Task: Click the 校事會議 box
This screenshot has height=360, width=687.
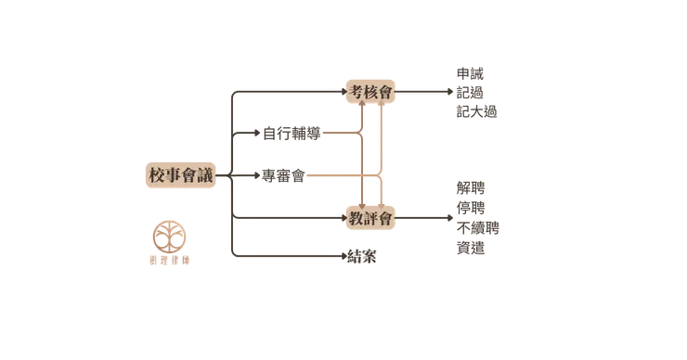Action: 179,174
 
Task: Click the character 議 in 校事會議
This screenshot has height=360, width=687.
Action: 204,174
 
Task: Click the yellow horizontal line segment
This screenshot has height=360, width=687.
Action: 340,135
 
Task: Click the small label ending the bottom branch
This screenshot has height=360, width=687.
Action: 358,254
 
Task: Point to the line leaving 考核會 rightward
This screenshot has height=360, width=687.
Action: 423,91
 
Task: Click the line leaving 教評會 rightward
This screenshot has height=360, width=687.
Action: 423,219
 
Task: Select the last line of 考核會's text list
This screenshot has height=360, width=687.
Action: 478,112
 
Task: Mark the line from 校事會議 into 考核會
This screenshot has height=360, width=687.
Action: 288,91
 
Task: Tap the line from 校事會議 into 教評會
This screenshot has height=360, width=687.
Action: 288,219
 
